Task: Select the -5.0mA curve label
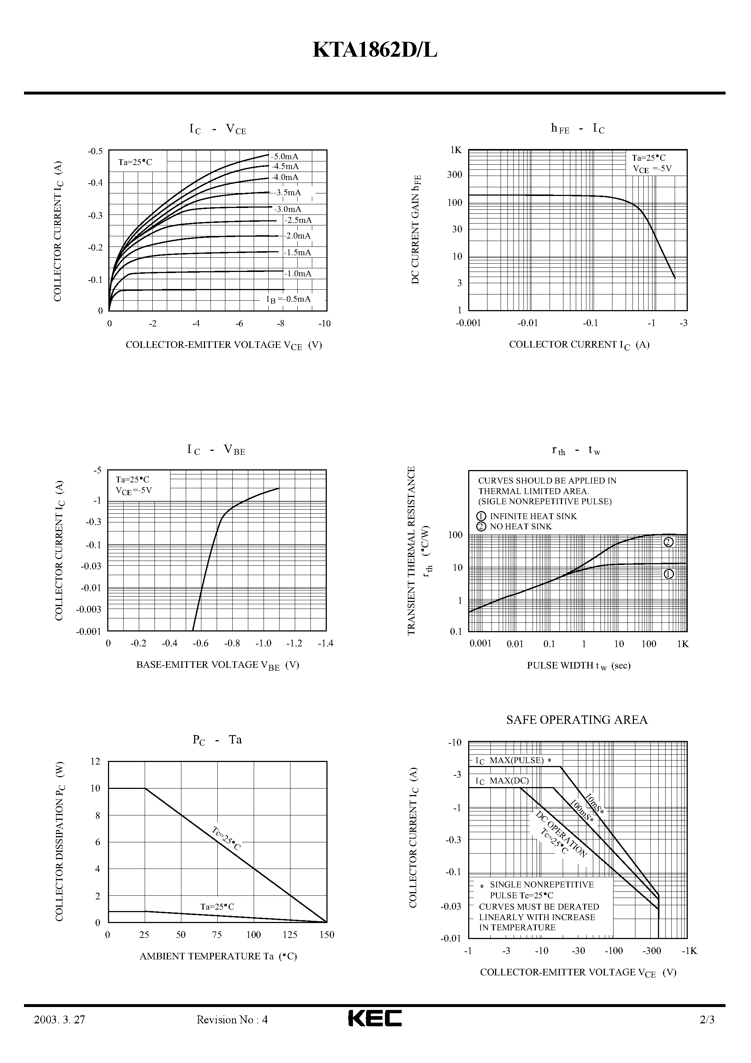[x=285, y=156]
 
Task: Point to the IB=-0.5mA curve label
[x=289, y=299]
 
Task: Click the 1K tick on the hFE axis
[x=456, y=150]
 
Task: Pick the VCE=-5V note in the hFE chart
[x=652, y=169]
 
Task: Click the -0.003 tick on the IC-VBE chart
[x=89, y=609]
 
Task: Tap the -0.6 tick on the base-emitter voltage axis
[x=201, y=643]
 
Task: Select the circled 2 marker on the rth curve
[x=668, y=542]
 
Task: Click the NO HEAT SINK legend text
[x=521, y=526]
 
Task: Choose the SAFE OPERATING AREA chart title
[x=577, y=719]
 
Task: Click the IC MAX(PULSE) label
[x=514, y=760]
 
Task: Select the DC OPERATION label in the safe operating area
[x=562, y=834]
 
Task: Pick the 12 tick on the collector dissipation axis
[x=95, y=762]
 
